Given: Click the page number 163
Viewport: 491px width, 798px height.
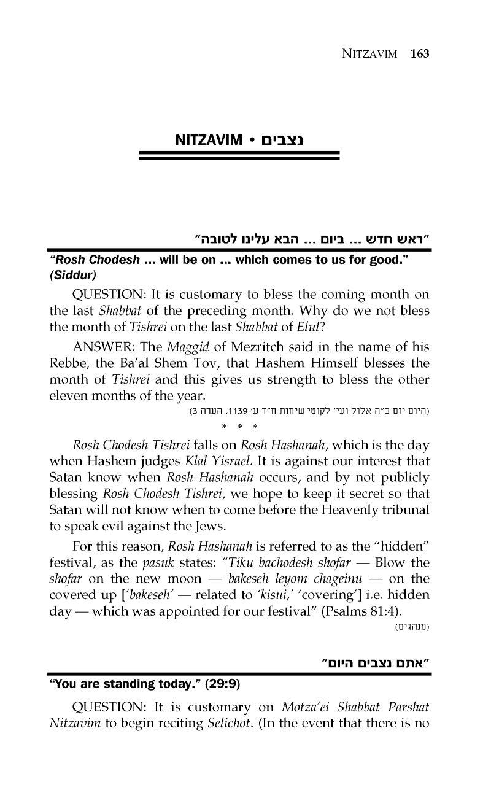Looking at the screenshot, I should [420, 53].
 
